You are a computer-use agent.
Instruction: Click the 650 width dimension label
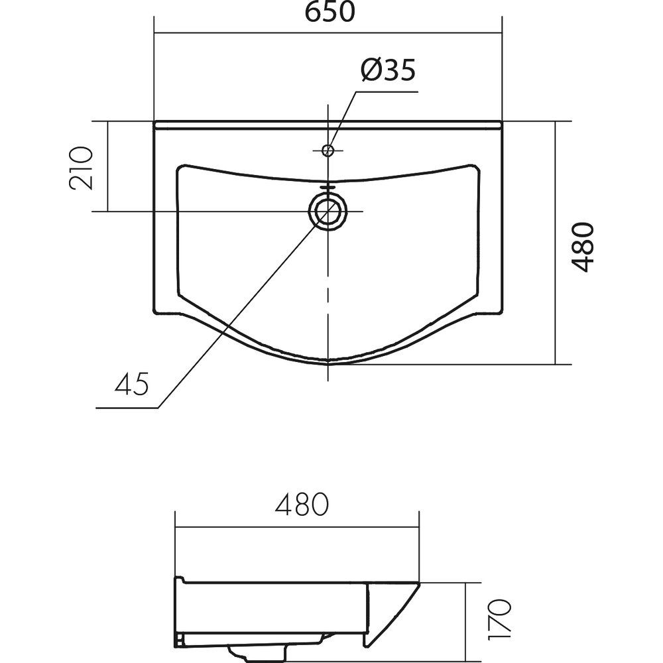point(330,12)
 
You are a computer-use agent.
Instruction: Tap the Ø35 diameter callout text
point(388,70)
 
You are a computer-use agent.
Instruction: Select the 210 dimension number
point(81,168)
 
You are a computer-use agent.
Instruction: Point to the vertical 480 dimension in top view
point(582,247)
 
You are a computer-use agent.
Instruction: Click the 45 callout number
point(132,383)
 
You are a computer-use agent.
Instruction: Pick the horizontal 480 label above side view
point(302,504)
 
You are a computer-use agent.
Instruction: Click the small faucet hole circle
point(328,150)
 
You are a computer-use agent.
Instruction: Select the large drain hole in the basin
point(328,211)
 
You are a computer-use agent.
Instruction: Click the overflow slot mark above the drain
point(328,186)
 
